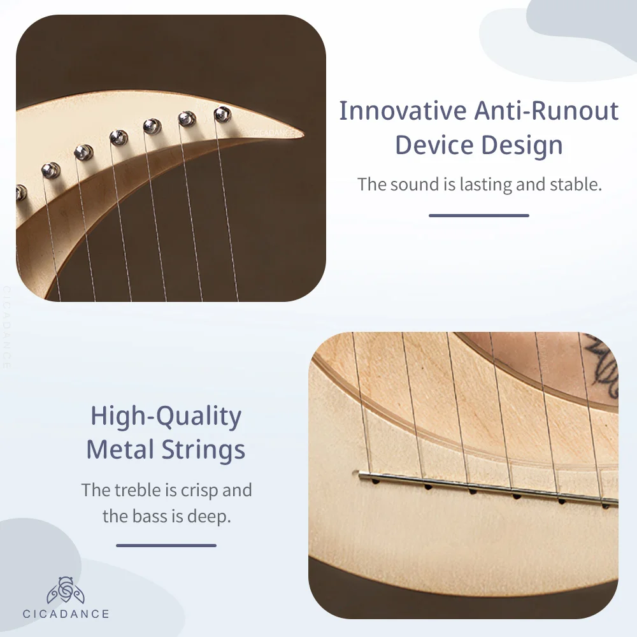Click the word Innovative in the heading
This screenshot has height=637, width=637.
pyautogui.click(x=403, y=110)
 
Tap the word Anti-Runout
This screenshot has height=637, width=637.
pyautogui.click(x=547, y=110)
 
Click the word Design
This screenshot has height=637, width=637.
pyautogui.click(x=522, y=145)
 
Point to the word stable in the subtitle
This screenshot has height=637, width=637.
pyautogui.click(x=576, y=184)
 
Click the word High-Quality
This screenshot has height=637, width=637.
pyautogui.click(x=166, y=417)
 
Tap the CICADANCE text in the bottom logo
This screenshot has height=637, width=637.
pyautogui.click(x=66, y=614)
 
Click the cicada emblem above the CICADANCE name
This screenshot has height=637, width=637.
pyautogui.click(x=66, y=590)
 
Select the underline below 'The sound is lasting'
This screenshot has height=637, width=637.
pyautogui.click(x=479, y=215)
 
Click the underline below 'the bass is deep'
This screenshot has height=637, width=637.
pyautogui.click(x=166, y=546)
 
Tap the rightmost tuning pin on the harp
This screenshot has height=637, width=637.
pyautogui.click(x=222, y=115)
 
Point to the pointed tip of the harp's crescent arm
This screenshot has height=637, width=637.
pyautogui.click(x=303, y=134)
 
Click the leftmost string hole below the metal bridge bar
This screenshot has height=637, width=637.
pyautogui.click(x=375, y=482)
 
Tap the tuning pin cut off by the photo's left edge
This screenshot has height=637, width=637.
pyautogui.click(x=20, y=193)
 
